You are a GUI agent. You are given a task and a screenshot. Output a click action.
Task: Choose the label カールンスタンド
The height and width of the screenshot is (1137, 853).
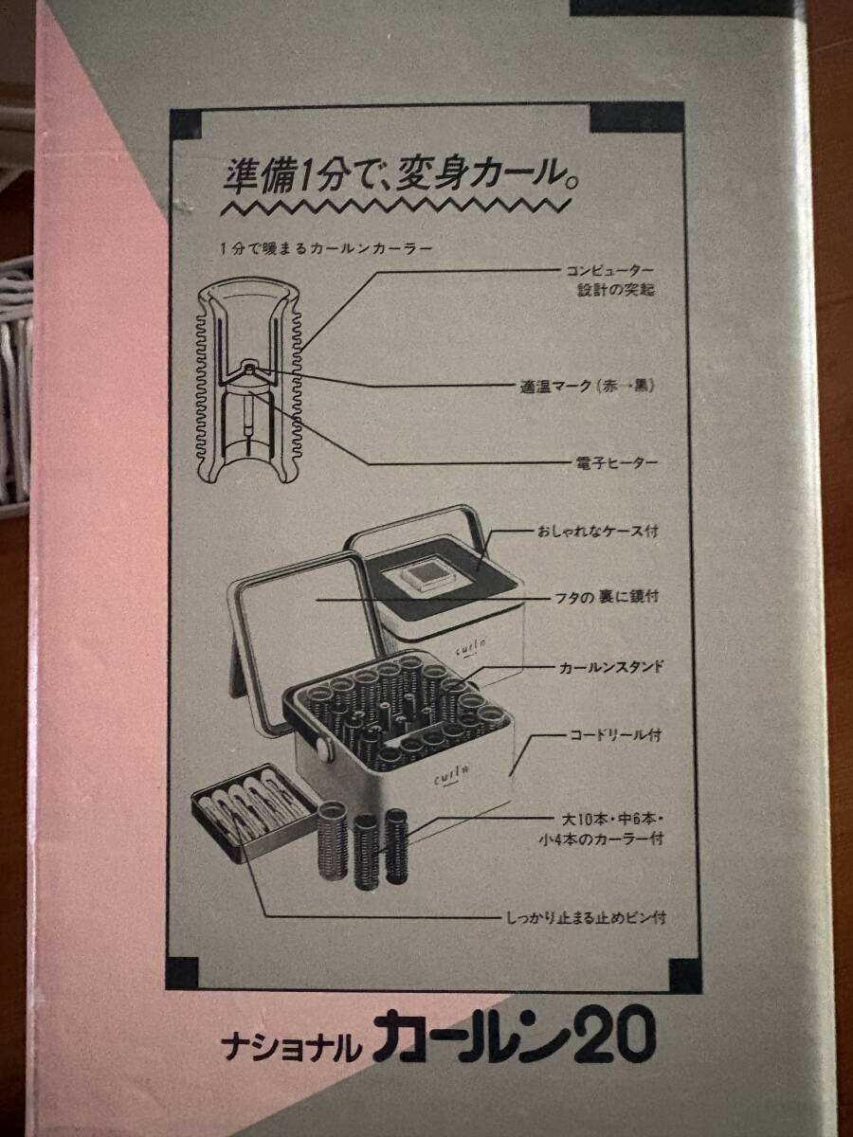click(609, 668)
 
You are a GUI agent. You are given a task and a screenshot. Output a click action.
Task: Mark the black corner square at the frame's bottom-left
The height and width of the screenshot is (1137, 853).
click(184, 969)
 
